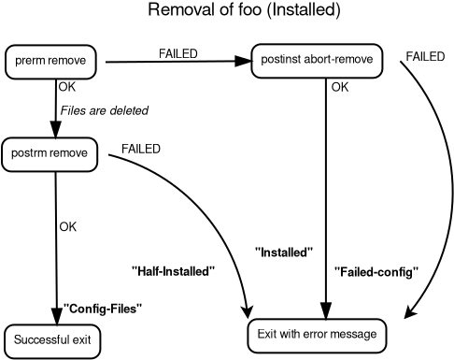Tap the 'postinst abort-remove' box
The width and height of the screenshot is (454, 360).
coord(317,61)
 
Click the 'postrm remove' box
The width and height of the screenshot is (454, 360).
coord(50,153)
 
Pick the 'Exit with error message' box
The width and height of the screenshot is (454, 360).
coord(317,335)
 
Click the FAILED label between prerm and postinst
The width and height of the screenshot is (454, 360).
coord(177,53)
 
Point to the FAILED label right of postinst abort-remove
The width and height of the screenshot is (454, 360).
coord(425,57)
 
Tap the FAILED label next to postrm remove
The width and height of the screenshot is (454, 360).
coord(140,149)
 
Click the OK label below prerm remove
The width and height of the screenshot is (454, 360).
coord(66,87)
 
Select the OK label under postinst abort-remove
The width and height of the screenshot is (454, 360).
coord(340,88)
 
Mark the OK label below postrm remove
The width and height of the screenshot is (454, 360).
coord(67,226)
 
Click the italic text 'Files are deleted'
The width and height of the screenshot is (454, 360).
coord(104,110)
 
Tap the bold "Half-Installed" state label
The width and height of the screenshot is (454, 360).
coord(174,271)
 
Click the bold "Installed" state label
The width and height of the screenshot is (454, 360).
coord(283,252)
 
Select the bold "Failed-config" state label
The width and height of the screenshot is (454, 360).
coord(376,272)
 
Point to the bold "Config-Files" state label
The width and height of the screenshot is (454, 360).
coord(103,308)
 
